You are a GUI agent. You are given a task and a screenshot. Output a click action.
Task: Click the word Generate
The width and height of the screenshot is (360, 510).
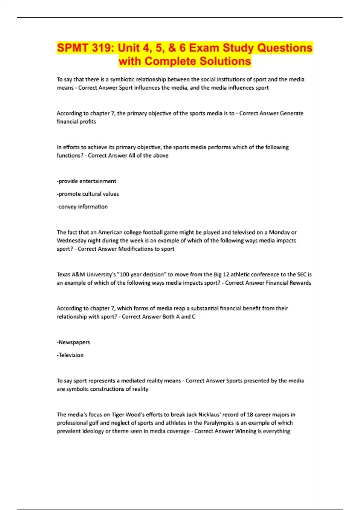(x=292, y=113)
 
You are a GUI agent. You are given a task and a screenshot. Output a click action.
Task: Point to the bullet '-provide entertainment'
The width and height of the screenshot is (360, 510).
(x=86, y=181)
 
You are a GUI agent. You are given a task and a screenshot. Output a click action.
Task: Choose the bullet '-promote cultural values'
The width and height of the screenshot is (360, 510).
(x=88, y=194)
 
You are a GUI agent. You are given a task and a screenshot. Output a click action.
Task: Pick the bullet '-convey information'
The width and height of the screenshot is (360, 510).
(x=82, y=207)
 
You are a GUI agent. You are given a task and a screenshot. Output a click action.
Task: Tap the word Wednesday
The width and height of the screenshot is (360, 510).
(x=71, y=241)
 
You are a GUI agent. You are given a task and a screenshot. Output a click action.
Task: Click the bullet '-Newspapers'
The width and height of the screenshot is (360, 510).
(x=73, y=342)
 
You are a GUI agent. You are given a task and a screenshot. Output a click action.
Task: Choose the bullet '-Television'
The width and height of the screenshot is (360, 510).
(x=70, y=355)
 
